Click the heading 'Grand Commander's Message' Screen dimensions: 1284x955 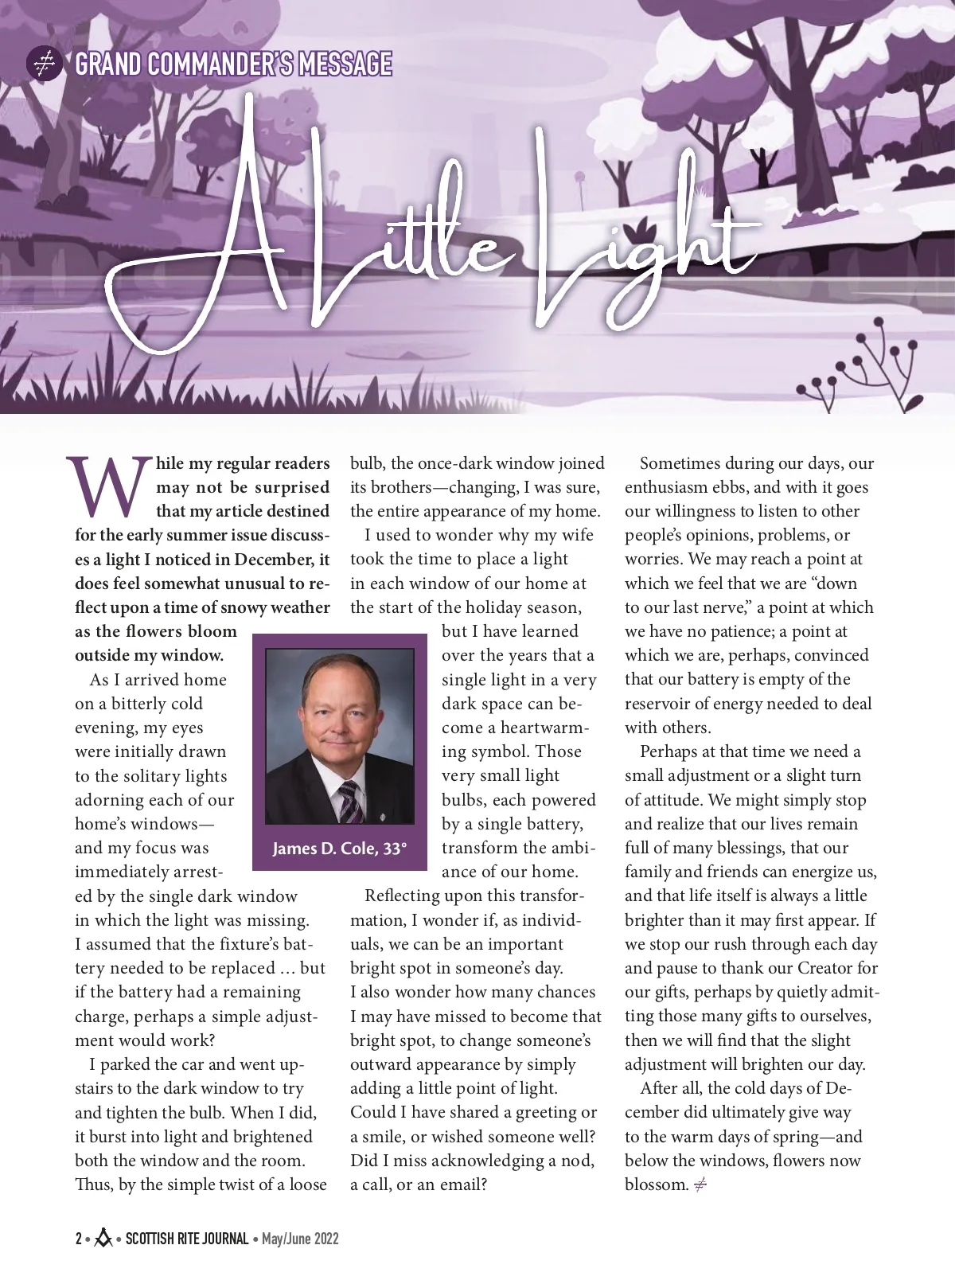(232, 64)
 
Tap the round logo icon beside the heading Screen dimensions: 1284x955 (45, 64)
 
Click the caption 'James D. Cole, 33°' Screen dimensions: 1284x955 (340, 849)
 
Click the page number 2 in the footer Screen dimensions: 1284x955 (79, 1239)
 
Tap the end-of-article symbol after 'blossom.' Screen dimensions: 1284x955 (700, 1184)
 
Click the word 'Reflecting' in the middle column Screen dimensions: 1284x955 (402, 896)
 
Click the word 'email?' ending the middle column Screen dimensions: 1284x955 (460, 1184)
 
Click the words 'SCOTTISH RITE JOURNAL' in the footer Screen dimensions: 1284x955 (187, 1239)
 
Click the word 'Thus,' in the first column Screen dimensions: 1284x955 (94, 1184)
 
